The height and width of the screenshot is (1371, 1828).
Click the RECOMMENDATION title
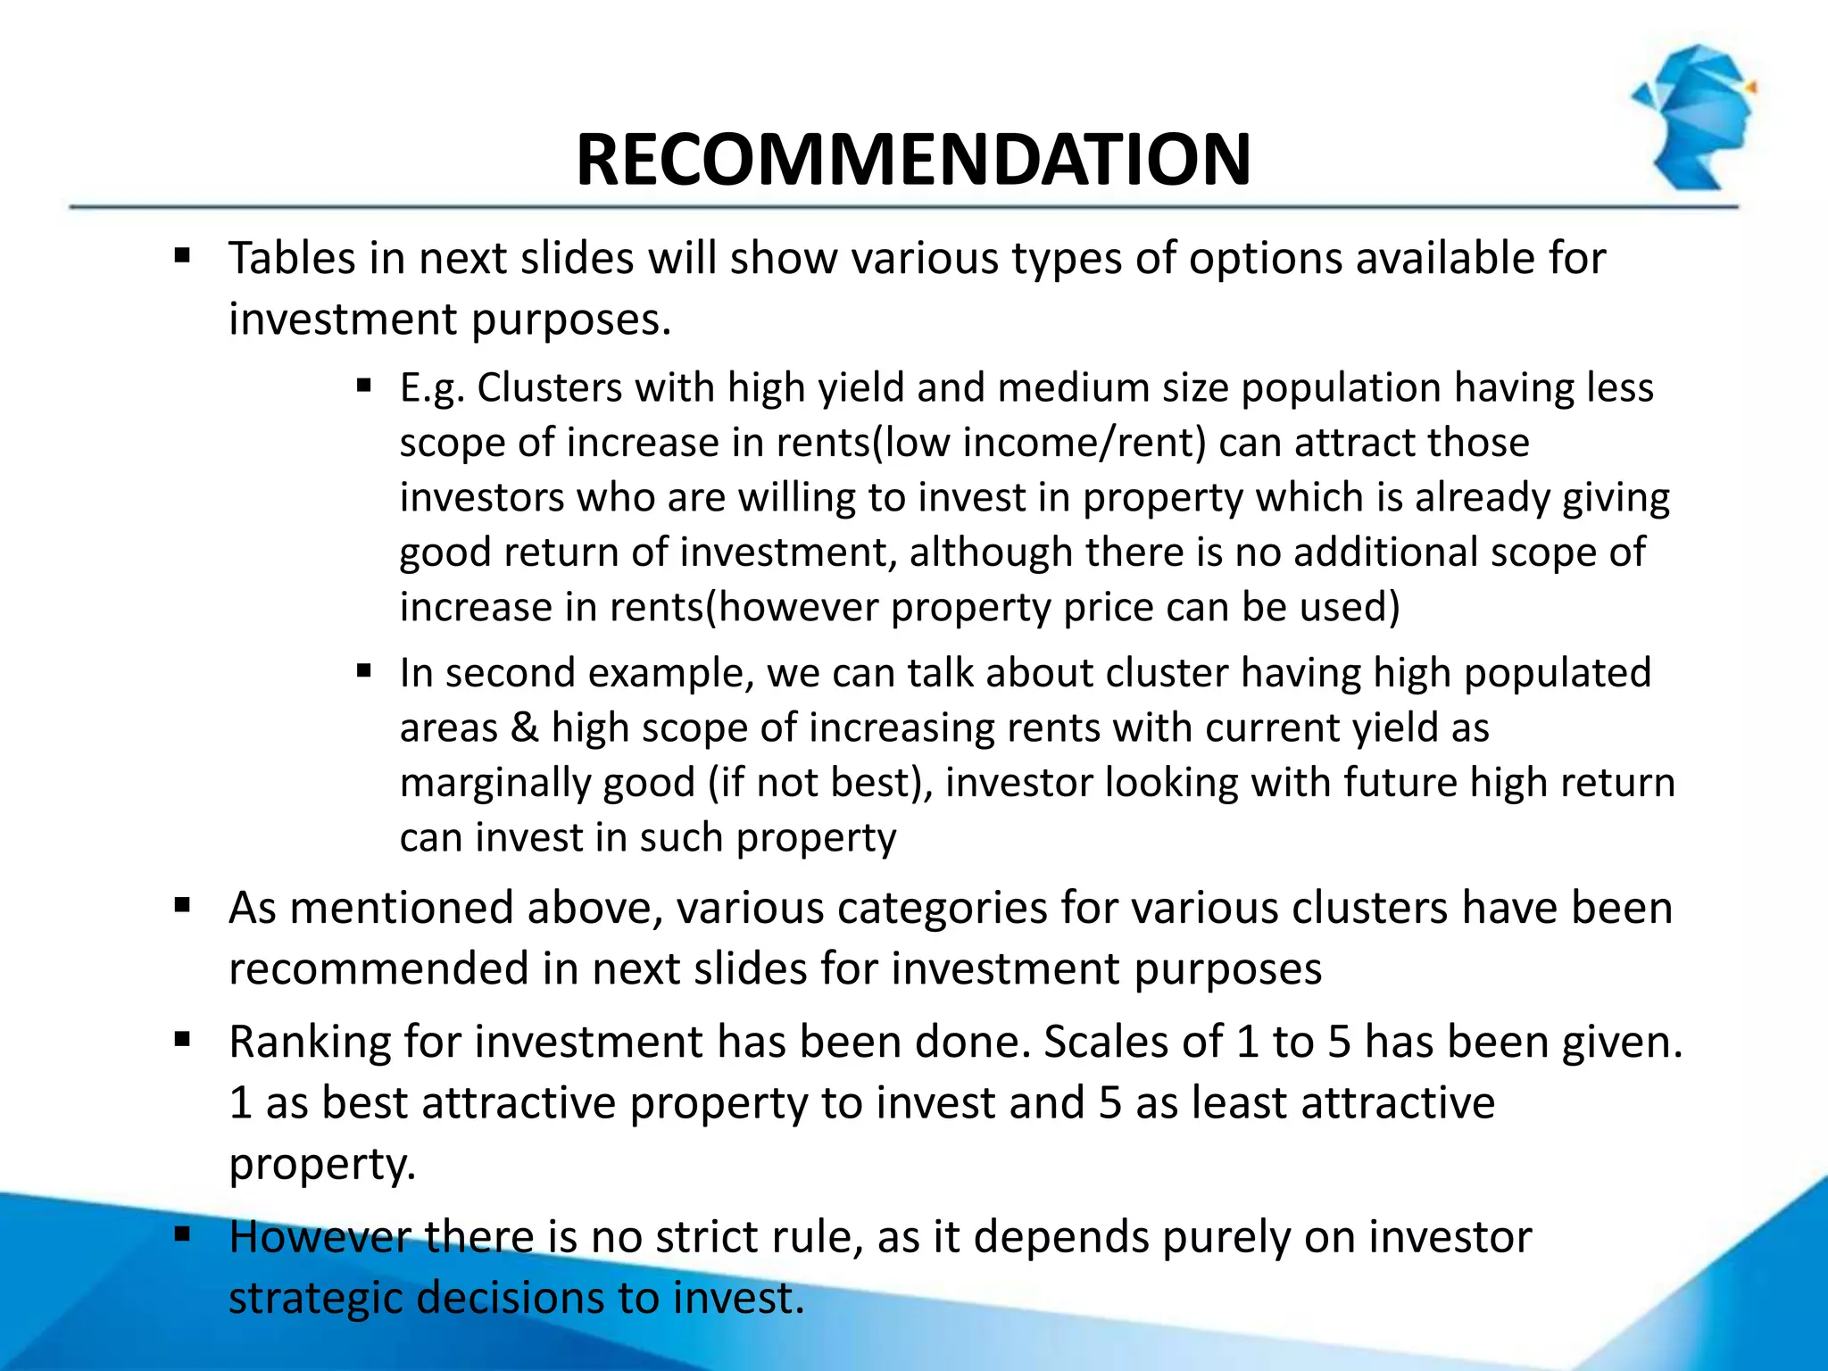(x=913, y=160)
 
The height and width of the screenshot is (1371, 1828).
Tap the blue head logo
(x=1693, y=116)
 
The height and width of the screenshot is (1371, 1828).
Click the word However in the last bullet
(x=320, y=1237)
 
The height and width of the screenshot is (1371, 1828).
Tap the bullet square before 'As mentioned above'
(x=183, y=907)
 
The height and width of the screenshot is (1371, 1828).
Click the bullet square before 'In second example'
(x=363, y=671)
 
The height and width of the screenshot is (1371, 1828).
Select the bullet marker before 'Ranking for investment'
(x=183, y=1040)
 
